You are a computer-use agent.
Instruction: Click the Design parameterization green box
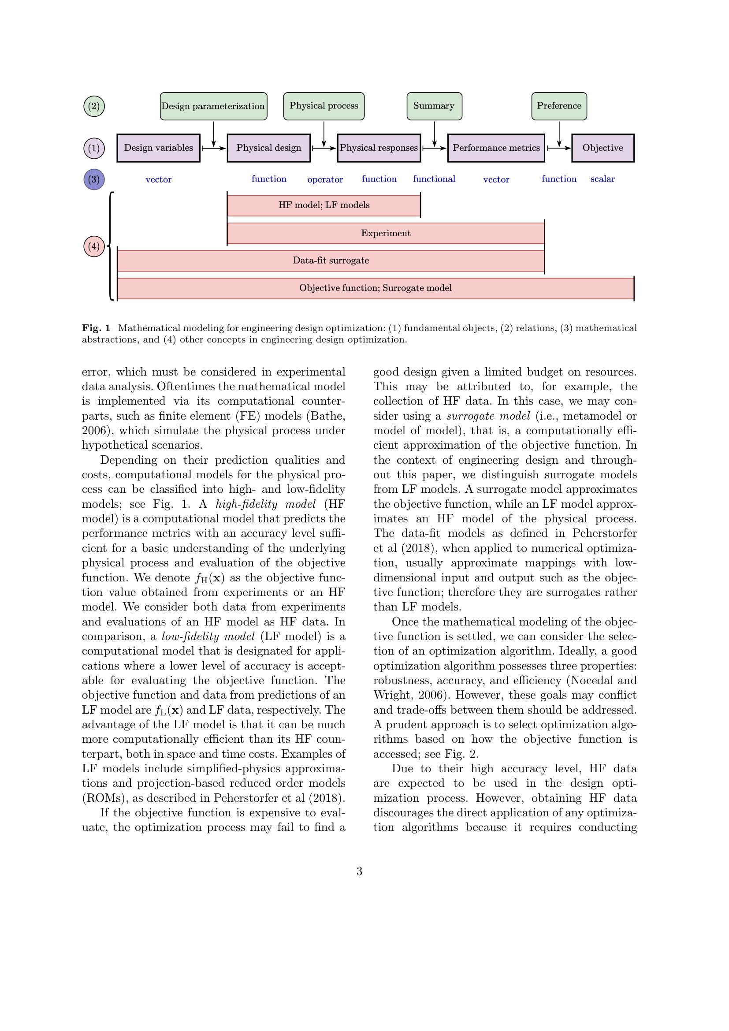(213, 106)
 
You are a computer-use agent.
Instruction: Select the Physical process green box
(324, 106)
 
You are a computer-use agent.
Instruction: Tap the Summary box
(434, 106)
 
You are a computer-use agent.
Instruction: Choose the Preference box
(559, 106)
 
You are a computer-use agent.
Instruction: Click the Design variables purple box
(159, 148)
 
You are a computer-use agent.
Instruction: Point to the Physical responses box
(379, 148)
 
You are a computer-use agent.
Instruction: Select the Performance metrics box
(496, 148)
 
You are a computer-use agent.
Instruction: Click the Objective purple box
(603, 148)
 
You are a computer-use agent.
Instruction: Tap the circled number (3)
(94, 179)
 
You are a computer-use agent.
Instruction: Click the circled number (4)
(94, 246)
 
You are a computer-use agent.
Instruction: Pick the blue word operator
(325, 179)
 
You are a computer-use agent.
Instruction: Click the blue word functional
(434, 179)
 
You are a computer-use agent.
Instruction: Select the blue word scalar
(603, 179)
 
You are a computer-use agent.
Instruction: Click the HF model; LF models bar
(324, 205)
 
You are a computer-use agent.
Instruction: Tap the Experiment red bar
(386, 234)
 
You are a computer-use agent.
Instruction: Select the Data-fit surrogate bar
(331, 261)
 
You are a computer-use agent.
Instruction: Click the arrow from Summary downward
(434, 134)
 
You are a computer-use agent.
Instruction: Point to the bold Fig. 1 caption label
(96, 328)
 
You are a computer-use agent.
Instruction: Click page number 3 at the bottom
(359, 871)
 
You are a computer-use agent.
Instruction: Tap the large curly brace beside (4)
(111, 246)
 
